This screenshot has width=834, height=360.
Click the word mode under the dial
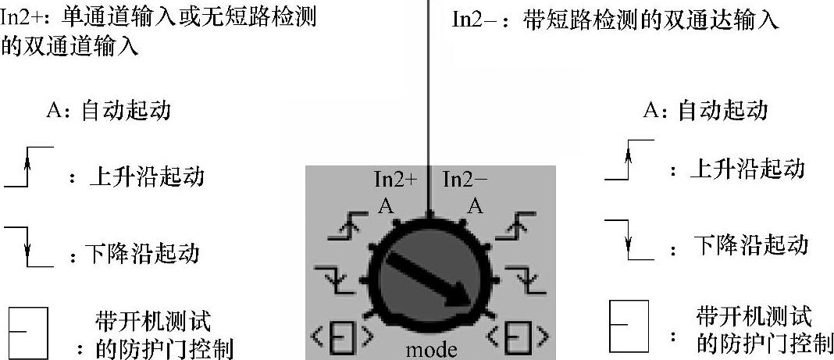click(x=431, y=349)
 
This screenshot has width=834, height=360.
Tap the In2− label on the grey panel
click(x=465, y=180)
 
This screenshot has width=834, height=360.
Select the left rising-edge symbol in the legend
click(x=29, y=167)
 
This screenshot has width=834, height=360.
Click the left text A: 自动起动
click(x=109, y=110)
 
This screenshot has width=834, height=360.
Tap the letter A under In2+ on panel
click(x=385, y=205)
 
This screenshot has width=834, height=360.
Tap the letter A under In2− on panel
click(x=474, y=205)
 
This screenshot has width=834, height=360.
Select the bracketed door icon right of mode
click(x=516, y=339)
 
